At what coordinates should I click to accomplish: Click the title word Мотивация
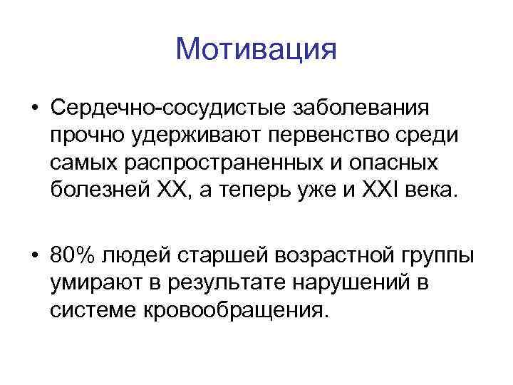point(255,49)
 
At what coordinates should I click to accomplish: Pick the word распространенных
point(212,163)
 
